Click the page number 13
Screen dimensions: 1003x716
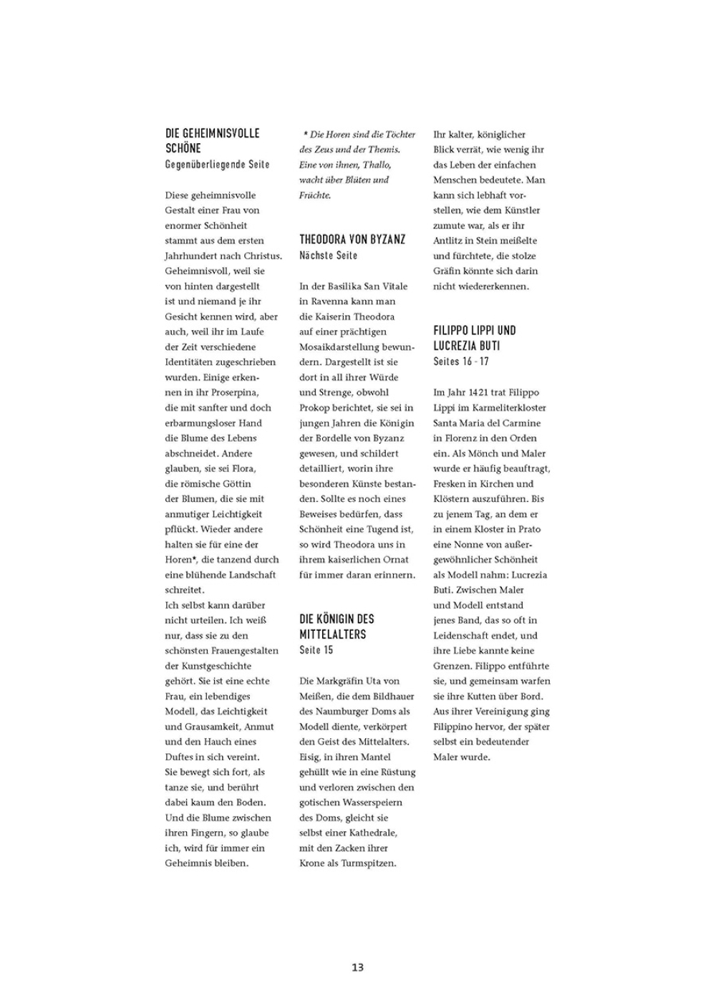click(357, 967)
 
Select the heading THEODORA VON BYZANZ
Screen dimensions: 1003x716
click(352, 240)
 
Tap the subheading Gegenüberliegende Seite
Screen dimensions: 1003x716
click(217, 165)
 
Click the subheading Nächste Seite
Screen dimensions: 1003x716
click(328, 256)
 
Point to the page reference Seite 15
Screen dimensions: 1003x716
click(316, 650)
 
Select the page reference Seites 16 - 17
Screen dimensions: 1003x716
click(461, 362)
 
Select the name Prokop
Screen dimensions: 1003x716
click(314, 407)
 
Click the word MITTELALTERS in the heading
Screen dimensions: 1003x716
click(332, 634)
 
